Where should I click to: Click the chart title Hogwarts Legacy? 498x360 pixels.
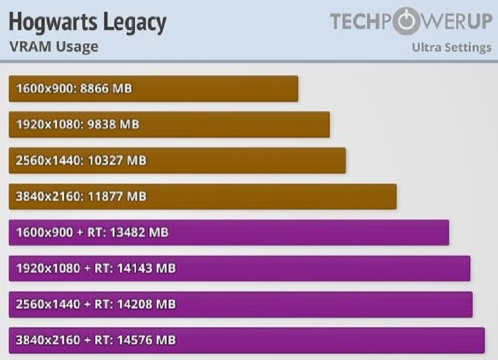click(x=87, y=23)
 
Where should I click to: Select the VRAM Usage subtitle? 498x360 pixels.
click(x=53, y=46)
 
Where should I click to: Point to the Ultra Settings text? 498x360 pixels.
click(x=451, y=48)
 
